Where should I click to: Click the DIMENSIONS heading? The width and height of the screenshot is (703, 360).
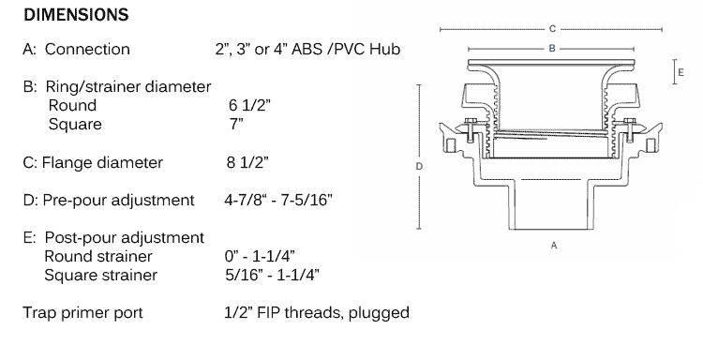coord(76,15)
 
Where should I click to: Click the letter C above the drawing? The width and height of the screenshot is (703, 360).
coord(552,29)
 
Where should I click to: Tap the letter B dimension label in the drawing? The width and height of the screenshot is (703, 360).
coord(552,48)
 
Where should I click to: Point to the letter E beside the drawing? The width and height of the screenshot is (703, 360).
coord(681,72)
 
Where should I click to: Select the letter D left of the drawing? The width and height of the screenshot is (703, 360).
coord(419,166)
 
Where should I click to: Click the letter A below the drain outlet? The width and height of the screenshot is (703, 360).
coord(554,246)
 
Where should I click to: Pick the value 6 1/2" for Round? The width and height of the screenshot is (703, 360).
coord(249,105)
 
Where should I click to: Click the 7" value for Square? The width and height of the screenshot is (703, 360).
coord(236,124)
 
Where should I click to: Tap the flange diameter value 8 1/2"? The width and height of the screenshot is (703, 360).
coord(247,162)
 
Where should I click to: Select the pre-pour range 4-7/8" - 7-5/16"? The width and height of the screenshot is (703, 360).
coord(278,200)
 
